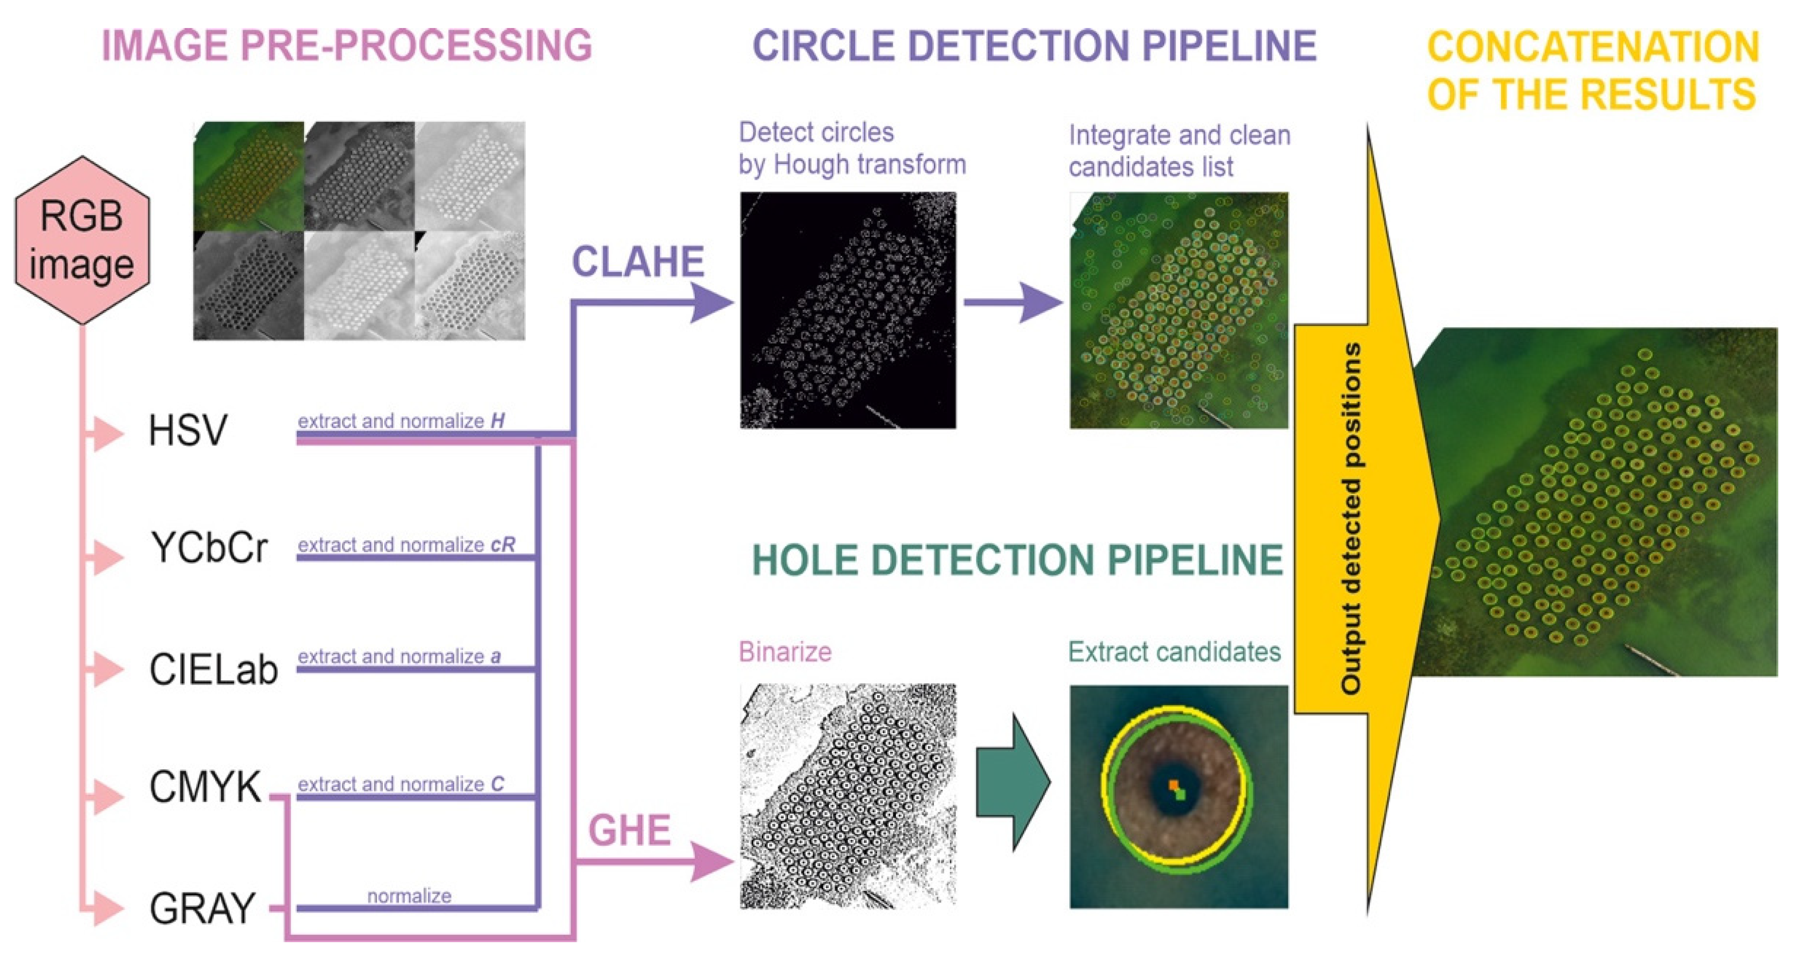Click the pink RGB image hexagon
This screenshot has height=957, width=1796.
(82, 240)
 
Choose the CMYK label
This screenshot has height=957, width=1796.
(205, 788)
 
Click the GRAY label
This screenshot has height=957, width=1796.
(202, 908)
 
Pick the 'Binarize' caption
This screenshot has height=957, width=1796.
(785, 652)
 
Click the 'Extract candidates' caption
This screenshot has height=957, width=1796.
(1174, 652)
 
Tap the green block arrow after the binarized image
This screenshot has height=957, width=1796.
(1012, 782)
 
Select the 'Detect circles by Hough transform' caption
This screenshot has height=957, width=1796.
(851, 148)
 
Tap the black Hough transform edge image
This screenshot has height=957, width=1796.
(848, 310)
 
